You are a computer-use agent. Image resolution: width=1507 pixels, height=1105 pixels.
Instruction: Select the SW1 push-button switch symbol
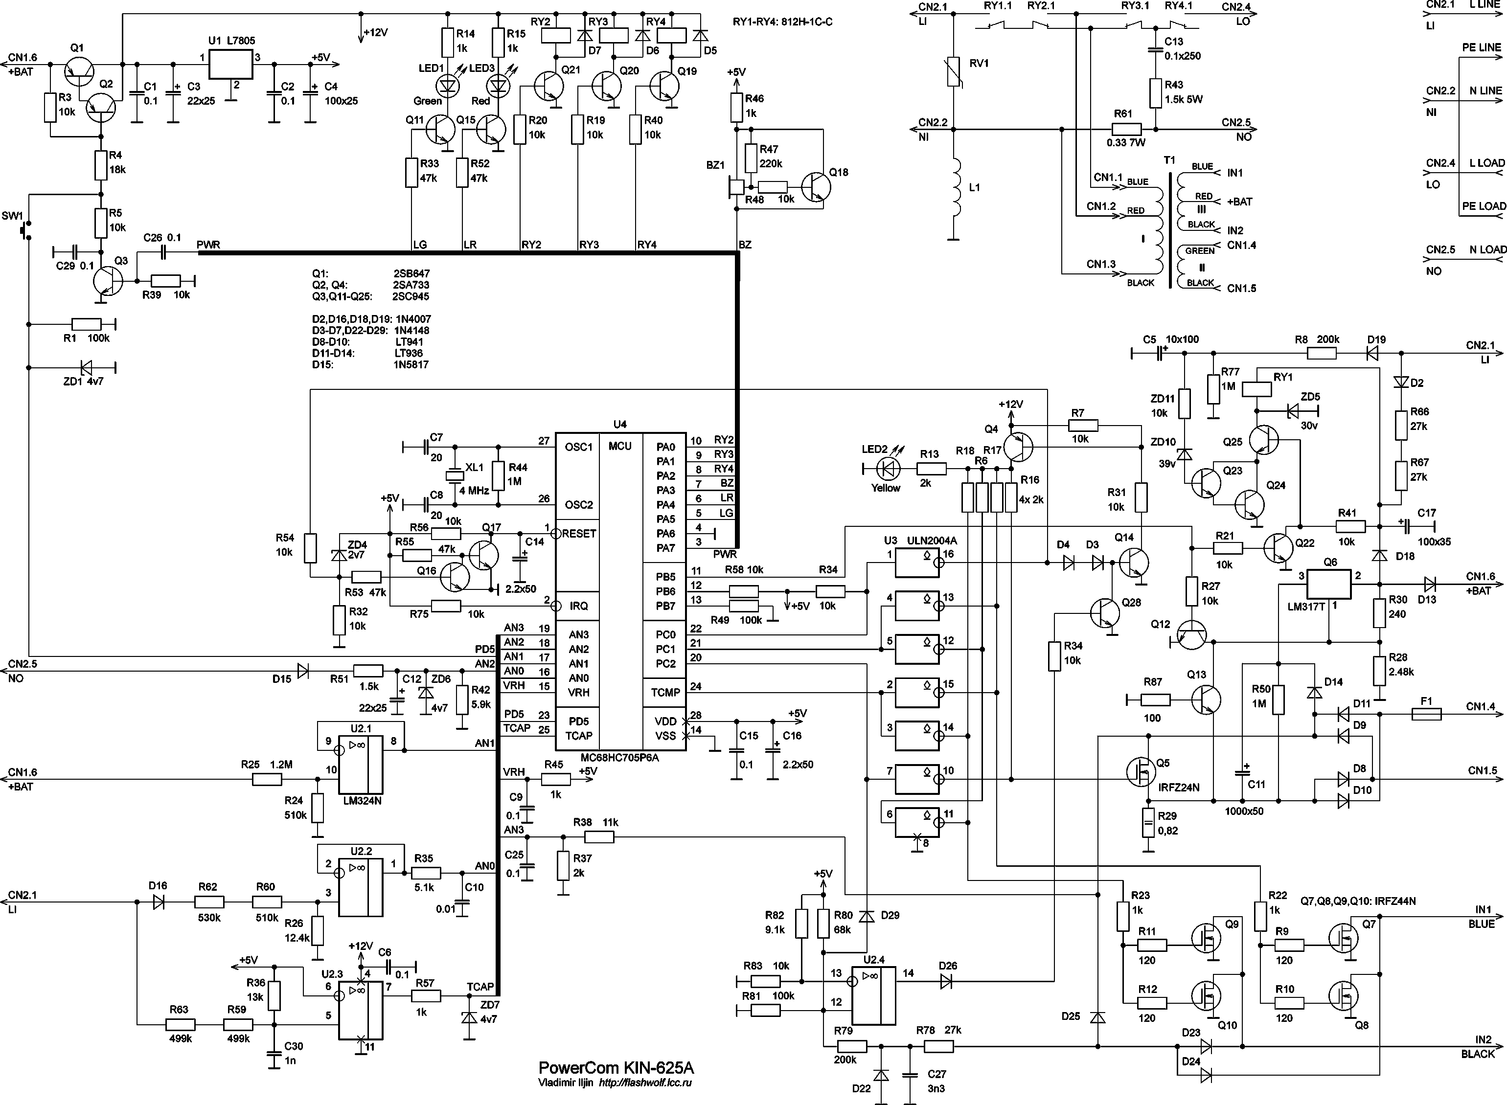[25, 231]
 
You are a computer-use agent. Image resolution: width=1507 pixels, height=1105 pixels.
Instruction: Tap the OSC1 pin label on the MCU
[579, 447]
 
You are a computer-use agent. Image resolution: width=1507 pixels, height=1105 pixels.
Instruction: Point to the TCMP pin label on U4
[665, 692]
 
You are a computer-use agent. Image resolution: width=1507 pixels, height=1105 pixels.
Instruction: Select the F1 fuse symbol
[1426, 714]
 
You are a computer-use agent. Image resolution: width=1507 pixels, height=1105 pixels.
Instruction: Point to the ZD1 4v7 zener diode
[86, 367]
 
